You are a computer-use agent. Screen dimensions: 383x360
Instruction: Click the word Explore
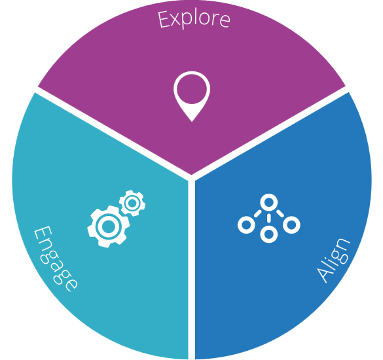pos(194,19)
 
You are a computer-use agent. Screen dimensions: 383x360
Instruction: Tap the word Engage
pos(56,259)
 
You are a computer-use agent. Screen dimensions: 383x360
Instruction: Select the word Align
pos(333,260)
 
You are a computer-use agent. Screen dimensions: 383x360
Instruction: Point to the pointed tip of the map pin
pos(192,121)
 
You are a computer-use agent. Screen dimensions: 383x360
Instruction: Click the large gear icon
pos(109,226)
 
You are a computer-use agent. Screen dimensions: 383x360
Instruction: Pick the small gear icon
pos(132,203)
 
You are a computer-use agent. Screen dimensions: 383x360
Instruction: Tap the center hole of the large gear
pos(109,226)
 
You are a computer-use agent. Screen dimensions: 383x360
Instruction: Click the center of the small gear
pos(132,203)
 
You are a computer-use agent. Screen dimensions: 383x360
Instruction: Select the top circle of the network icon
pos(268,202)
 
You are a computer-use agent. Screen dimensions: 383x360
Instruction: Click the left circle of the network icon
pos(246,225)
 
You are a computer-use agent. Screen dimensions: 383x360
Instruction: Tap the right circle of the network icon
pos(291,225)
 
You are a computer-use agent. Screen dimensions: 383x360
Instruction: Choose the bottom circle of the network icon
pos(268,234)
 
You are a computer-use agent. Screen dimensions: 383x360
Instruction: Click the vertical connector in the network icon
pos(268,218)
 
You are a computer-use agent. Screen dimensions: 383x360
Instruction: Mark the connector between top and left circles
pos(257,213)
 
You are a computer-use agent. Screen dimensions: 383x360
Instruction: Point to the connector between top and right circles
pos(280,213)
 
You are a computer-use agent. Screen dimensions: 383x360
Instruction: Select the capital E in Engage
pos(43,234)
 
